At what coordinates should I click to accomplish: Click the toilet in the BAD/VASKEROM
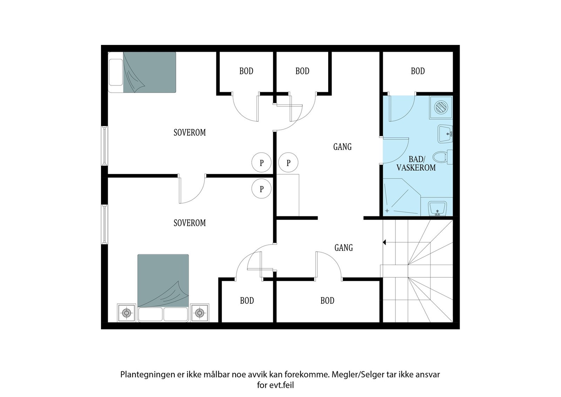441,157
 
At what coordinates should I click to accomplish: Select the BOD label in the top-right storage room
418,71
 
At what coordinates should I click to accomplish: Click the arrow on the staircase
385,242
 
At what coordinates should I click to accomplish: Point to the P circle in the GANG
288,162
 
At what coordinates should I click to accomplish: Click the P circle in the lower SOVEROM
262,189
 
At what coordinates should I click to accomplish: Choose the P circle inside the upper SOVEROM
262,162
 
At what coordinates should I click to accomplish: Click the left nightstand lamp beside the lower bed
126,312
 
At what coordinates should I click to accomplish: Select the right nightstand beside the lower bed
200,312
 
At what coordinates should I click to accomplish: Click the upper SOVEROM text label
190,133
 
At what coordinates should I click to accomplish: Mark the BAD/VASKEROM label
416,164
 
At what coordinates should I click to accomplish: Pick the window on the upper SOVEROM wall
104,146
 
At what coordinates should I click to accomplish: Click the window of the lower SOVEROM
104,224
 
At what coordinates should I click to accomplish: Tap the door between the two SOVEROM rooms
192,189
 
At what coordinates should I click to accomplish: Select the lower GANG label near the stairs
343,248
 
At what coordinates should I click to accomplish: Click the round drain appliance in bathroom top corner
441,106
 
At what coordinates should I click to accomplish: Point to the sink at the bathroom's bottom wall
437,209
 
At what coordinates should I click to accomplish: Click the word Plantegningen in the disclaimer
148,374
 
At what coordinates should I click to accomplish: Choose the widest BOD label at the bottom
327,301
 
